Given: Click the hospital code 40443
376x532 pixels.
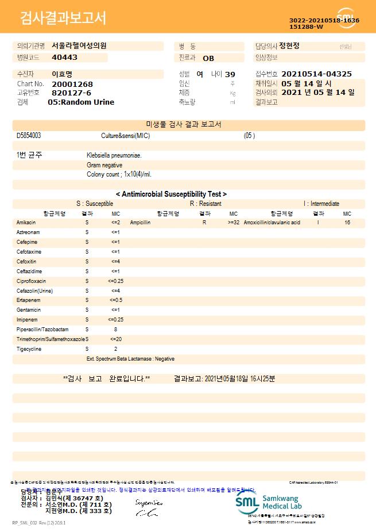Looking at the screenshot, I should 64,58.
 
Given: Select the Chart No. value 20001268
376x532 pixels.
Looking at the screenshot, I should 72,84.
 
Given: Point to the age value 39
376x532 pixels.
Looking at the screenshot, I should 230,74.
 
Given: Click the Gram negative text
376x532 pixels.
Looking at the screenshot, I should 104,165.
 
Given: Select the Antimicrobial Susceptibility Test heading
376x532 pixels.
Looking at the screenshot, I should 171,194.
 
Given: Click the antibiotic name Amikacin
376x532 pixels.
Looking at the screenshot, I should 26,222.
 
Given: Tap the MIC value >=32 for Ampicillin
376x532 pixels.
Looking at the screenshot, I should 234,222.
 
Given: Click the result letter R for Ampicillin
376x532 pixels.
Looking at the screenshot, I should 204,222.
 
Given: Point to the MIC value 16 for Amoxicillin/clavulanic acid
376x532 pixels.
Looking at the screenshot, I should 347,222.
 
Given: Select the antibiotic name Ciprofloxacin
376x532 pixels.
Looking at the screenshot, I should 31,281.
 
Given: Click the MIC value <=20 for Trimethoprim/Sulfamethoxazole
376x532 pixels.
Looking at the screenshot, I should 115,339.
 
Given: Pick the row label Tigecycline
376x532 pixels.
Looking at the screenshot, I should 29,349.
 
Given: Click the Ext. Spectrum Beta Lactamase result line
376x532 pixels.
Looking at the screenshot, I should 130,359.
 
